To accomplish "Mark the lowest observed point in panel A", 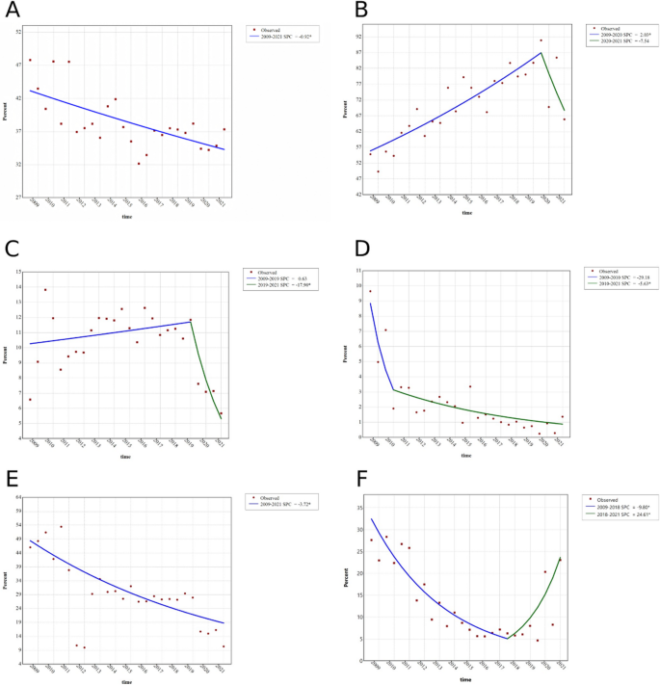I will coord(139,164).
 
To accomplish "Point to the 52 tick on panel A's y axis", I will coord(18,32).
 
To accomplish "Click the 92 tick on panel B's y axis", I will coord(356,37).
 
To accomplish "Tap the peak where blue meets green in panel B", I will coord(541,52).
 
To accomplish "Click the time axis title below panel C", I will coord(126,457).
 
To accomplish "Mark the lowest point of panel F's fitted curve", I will coord(508,639).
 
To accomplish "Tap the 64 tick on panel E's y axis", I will coord(18,496).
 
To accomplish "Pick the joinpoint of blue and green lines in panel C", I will coord(191,322).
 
